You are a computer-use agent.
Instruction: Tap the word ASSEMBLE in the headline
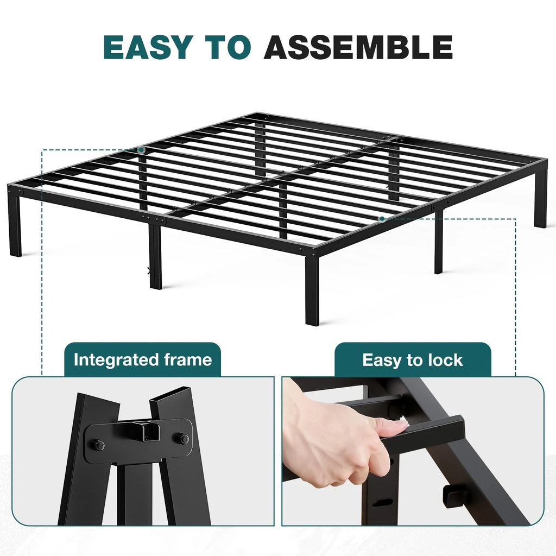pos(358,48)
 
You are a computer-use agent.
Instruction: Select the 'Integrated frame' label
pos(142,360)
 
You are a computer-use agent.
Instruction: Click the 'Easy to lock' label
pos(413,360)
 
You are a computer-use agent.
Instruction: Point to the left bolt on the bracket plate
pos(99,445)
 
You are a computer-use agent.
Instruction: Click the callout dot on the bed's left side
pos(141,149)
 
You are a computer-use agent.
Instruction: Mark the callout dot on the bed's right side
pos(382,219)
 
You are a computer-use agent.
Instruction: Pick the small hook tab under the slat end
pos(452,495)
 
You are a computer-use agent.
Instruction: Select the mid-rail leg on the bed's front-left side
pos(156,258)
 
